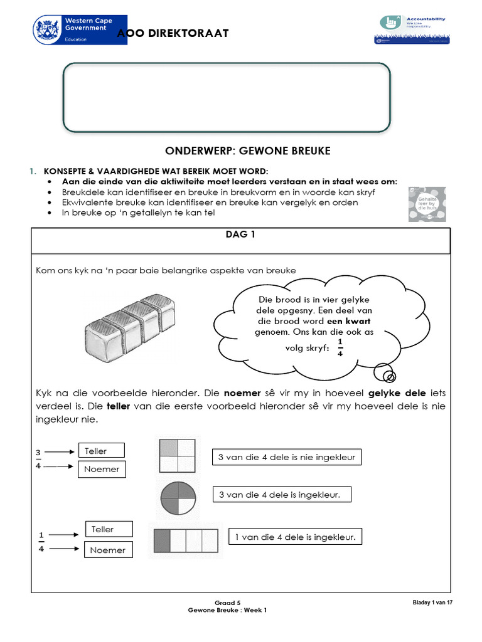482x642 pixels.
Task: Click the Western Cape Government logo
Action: pos(79,29)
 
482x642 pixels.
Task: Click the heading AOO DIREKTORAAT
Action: pos(172,33)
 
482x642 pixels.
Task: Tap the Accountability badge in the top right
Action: pos(410,29)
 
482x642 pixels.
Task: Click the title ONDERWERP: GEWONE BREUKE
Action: pos(247,151)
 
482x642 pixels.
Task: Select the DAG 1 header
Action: pos(240,235)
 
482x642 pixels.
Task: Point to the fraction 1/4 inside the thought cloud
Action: pos(340,347)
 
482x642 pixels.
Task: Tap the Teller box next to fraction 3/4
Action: pos(100,451)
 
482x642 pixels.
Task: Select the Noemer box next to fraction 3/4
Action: pos(101,469)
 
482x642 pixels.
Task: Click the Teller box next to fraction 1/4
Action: pos(109,529)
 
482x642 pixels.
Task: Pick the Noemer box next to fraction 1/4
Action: pos(108,550)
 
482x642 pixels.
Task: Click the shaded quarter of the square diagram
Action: pos(168,447)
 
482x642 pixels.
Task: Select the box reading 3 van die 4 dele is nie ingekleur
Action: pos(286,457)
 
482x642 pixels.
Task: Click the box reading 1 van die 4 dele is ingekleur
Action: pos(295,537)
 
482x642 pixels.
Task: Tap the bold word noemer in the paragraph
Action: pos(242,393)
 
